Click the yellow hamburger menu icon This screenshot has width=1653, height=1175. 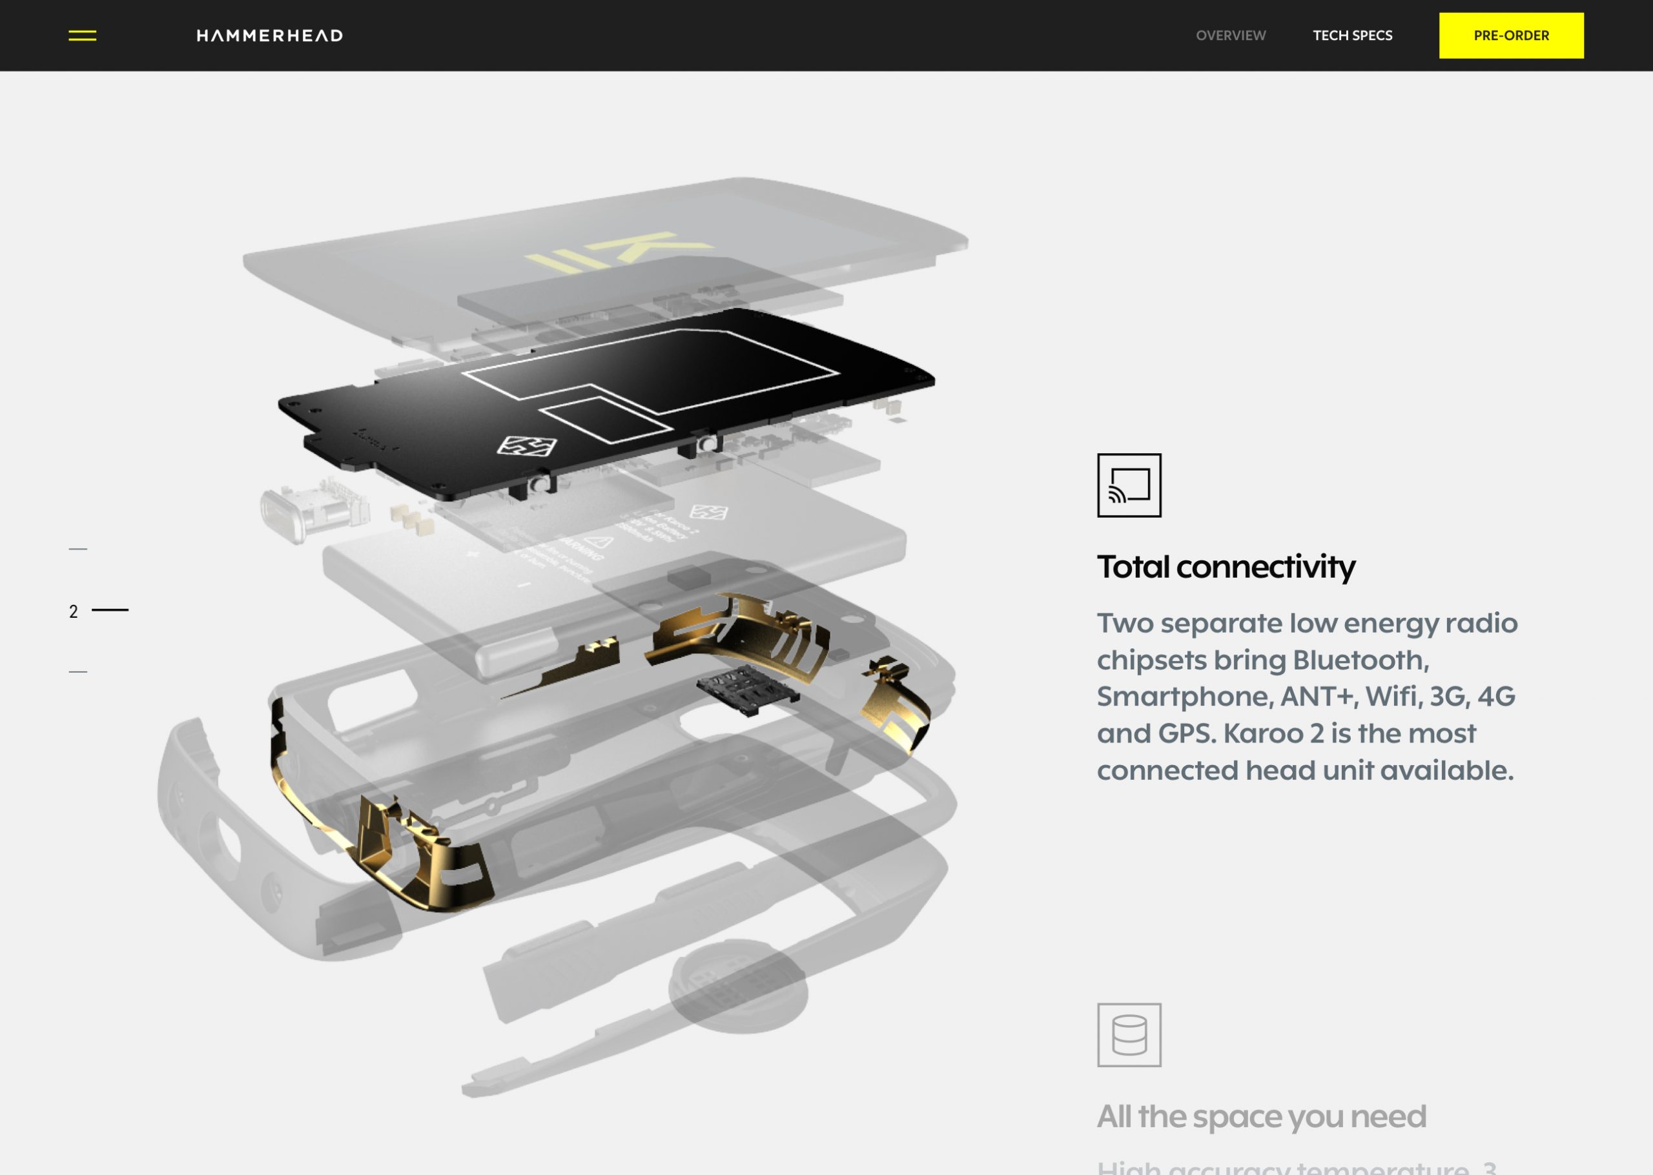82,36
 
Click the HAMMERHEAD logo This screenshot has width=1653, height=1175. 269,36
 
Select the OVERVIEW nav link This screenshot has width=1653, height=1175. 1230,36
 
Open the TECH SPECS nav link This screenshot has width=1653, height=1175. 1352,36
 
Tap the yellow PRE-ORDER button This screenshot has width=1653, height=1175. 1510,36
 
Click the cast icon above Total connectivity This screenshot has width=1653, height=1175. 1129,485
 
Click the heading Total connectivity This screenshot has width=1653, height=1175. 1226,567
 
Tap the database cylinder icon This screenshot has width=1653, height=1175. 1129,1035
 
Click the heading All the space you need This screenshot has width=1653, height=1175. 1261,1116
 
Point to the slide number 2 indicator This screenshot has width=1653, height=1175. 74,611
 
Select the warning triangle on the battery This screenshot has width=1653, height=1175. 599,542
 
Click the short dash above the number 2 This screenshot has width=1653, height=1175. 77,549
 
